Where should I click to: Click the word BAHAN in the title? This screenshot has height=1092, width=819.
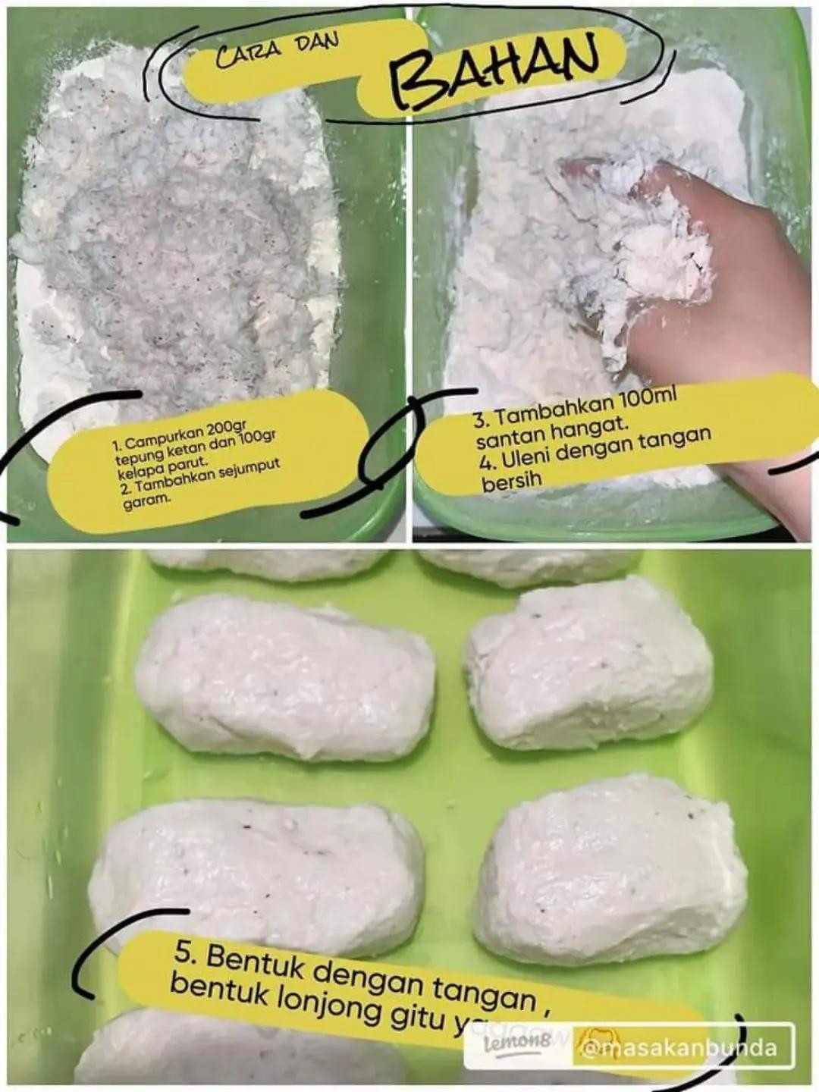click(x=493, y=67)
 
